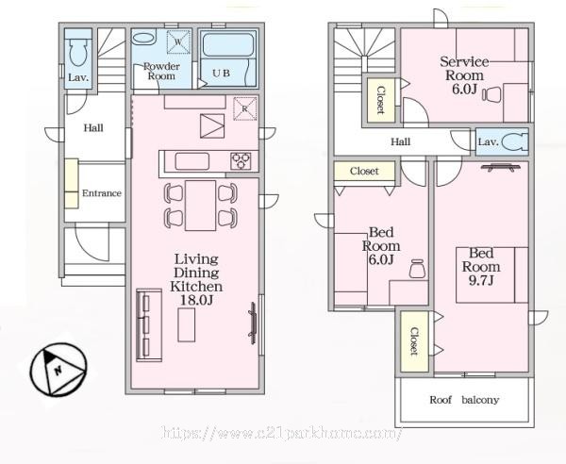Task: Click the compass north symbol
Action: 58,370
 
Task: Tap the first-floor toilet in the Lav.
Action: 78,52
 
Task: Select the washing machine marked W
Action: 178,41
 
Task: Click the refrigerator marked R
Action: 245,108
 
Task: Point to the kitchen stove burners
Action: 241,161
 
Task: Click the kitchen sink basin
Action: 192,161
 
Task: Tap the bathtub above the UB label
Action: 227,44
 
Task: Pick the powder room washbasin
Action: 143,39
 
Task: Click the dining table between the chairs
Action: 200,205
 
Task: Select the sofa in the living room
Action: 149,324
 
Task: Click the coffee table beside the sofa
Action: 186,324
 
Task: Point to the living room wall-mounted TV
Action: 253,323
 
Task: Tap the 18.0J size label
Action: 196,300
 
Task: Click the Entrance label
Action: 102,193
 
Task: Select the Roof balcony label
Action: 464,400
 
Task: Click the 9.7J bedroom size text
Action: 481,280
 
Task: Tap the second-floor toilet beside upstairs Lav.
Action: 515,141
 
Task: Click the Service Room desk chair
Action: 491,94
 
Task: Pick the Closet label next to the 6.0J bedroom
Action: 364,171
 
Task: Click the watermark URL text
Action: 282,433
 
